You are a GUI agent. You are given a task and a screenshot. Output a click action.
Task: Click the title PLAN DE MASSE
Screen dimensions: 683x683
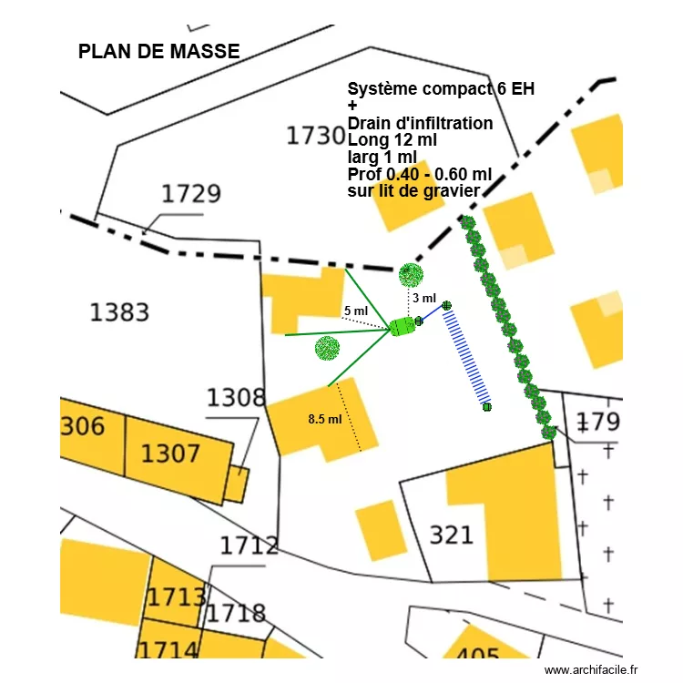(158, 52)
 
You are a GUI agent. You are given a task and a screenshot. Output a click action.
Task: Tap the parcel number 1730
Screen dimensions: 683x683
(316, 136)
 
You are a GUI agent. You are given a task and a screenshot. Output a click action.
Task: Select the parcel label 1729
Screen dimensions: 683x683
(191, 194)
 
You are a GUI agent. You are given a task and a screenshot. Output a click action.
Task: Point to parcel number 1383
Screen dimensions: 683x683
(119, 312)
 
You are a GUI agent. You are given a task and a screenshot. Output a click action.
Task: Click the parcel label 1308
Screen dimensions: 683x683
(236, 398)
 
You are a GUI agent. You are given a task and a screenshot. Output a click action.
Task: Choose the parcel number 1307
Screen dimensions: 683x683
(171, 452)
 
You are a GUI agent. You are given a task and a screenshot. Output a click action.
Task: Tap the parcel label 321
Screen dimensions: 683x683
(451, 535)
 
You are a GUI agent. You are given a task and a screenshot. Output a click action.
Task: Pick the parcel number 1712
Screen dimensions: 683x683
(249, 545)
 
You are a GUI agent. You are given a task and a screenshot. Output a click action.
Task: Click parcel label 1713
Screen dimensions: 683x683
(177, 597)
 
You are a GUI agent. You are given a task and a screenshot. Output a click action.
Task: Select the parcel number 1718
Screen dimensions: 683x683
(236, 613)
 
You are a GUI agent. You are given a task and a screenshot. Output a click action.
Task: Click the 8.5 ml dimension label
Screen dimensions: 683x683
(325, 420)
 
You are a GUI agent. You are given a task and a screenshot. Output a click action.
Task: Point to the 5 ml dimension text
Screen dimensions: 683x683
(355, 311)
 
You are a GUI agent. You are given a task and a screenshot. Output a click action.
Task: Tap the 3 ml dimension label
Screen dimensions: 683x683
(424, 299)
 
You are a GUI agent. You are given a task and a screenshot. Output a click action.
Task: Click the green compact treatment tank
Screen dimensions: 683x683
(402, 326)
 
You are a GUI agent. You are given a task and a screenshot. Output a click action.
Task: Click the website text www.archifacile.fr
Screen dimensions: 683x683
(592, 670)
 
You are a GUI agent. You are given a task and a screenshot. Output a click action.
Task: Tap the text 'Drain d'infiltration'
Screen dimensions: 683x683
(421, 123)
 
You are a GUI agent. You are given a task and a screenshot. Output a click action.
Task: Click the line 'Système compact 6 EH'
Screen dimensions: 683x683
(441, 89)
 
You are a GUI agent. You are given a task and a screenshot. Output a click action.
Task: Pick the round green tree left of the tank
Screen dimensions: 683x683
(327, 347)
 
